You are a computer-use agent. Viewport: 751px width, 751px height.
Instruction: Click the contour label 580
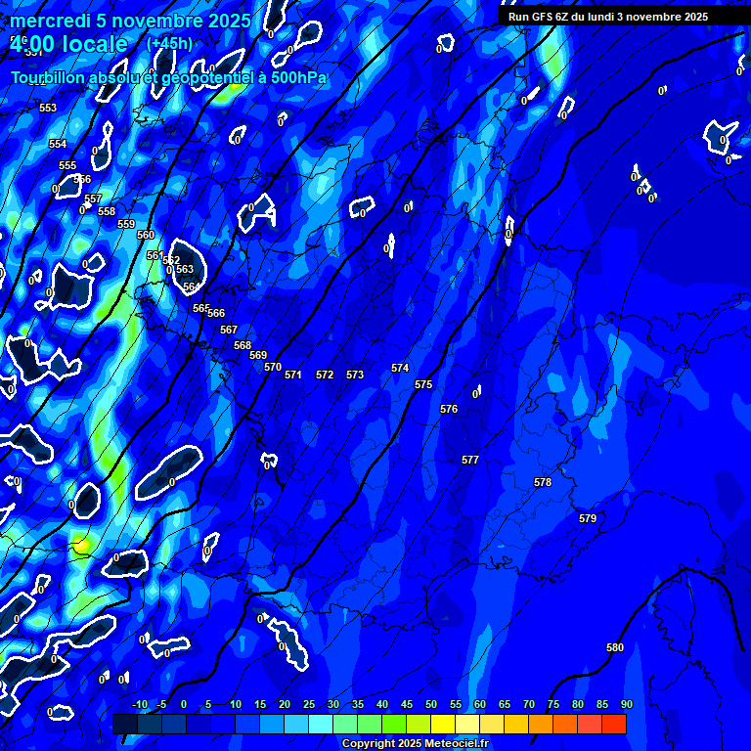click(615, 647)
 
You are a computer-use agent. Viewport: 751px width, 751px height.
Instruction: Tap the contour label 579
click(588, 518)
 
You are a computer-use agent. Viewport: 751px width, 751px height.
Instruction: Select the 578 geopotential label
click(543, 482)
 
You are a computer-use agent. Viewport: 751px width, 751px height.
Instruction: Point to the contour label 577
click(470, 460)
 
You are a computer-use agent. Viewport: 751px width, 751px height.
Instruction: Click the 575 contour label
click(423, 384)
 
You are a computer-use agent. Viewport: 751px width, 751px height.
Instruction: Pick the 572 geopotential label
click(325, 375)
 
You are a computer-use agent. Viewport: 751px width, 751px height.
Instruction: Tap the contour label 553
click(48, 108)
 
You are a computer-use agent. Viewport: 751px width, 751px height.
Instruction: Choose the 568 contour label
click(243, 345)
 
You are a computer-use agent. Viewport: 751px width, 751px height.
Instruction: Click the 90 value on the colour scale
click(626, 704)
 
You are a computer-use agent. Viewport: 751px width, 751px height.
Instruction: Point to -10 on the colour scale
click(139, 704)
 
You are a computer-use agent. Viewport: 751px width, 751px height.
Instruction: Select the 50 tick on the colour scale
click(430, 704)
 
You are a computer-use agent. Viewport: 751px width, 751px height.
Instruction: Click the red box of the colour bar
click(613, 724)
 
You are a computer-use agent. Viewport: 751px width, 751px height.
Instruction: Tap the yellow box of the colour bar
click(442, 724)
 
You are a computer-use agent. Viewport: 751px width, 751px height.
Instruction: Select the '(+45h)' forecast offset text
click(169, 43)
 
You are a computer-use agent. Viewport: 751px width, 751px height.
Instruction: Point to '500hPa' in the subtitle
click(295, 77)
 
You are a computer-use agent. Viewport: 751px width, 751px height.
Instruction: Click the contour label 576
click(449, 409)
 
